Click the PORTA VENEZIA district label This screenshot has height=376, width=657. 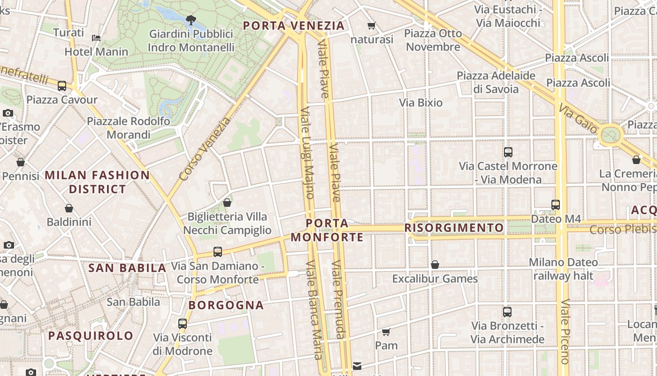294,25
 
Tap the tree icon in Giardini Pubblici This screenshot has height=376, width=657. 191,20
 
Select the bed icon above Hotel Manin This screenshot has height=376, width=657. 96,38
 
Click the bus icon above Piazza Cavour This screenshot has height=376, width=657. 62,86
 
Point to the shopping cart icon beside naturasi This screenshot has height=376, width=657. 372,26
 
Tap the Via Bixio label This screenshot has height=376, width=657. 420,102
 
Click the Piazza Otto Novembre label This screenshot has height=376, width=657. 433,40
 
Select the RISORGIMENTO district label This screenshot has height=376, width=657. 454,228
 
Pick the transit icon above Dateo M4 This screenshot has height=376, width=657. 556,205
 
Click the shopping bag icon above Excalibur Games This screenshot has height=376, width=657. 435,265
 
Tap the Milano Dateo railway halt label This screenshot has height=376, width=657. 563,269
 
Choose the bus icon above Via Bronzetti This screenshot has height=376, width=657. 507,312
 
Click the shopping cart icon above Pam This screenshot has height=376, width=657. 386,332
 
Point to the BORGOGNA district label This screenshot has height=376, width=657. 226,305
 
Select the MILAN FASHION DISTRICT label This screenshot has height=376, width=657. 97,182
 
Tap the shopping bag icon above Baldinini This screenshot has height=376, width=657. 69,208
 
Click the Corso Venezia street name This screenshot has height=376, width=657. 205,149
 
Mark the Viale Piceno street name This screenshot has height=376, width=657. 565,331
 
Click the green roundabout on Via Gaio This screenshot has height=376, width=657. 610,135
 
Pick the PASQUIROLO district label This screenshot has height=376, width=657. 91,336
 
